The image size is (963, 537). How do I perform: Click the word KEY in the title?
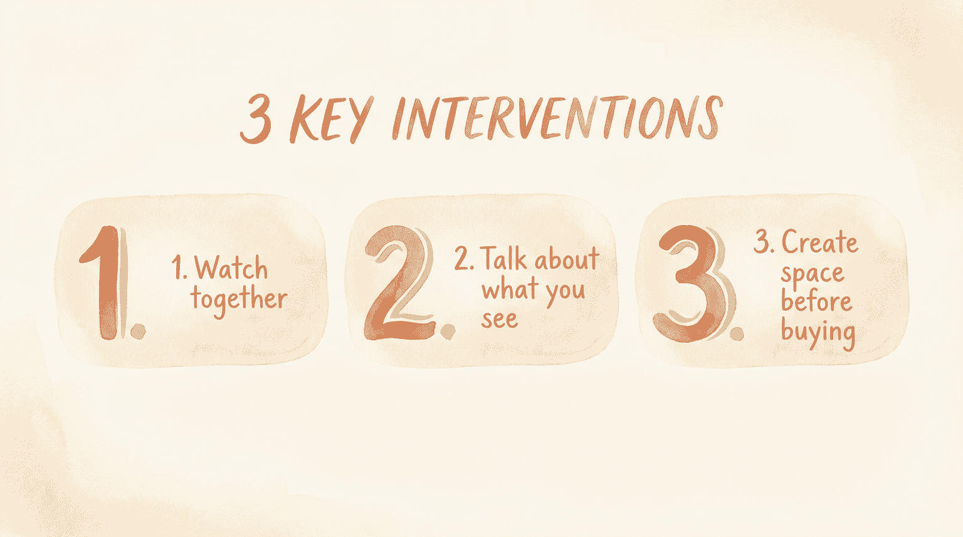tap(331, 119)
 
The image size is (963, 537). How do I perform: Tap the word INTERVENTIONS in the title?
tap(557, 118)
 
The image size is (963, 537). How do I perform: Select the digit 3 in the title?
tap(256, 119)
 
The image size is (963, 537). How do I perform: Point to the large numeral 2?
tap(399, 283)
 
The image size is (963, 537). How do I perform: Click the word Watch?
tap(231, 269)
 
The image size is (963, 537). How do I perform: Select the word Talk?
tap(504, 259)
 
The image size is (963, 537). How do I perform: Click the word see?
tap(499, 319)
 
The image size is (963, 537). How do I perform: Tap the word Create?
tap(819, 242)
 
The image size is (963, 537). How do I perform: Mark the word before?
tap(816, 301)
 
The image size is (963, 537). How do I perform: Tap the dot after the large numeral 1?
tap(138, 331)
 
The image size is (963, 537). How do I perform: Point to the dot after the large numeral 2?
tap(448, 331)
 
